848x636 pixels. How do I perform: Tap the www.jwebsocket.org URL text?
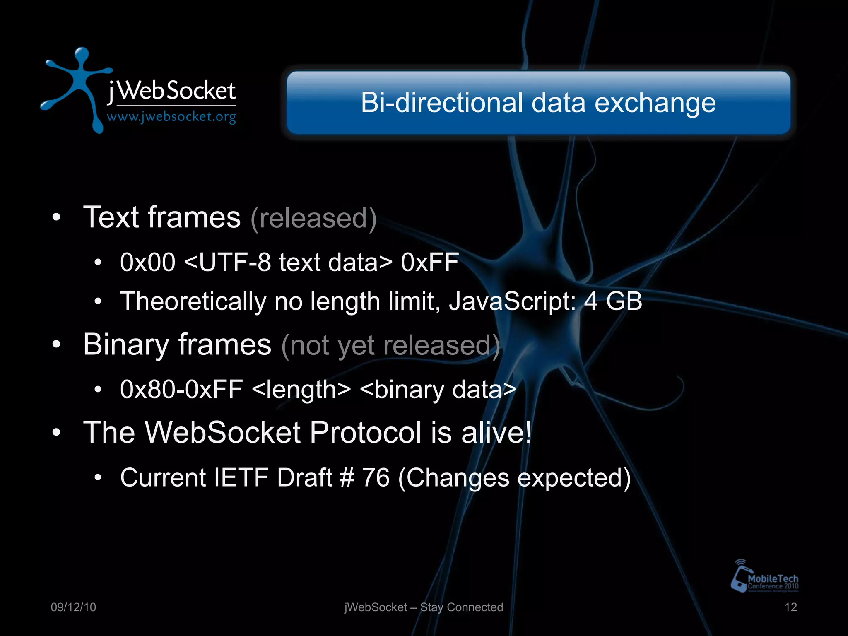(x=171, y=117)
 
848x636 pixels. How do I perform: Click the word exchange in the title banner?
(x=655, y=103)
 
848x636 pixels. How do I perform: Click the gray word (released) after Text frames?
(x=313, y=218)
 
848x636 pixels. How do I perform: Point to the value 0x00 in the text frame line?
(x=147, y=263)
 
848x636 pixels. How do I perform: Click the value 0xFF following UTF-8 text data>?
(x=430, y=263)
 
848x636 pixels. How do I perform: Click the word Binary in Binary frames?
(x=126, y=345)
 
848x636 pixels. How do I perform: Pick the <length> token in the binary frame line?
(x=301, y=390)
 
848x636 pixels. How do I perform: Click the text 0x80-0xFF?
(x=181, y=390)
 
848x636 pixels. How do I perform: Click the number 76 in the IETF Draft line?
(x=376, y=477)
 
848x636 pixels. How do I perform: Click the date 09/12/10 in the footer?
(x=73, y=607)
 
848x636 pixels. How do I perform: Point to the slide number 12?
(x=790, y=607)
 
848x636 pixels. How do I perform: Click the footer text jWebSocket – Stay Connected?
(x=424, y=607)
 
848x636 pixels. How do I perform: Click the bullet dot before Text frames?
(x=57, y=217)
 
